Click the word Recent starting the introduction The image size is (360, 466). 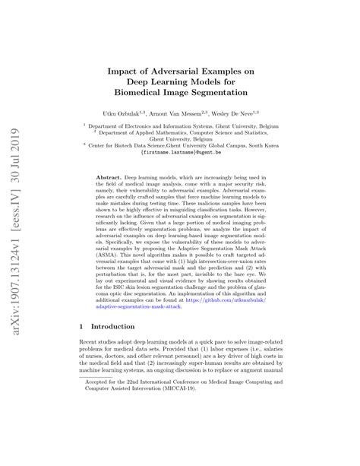click(90, 368)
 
